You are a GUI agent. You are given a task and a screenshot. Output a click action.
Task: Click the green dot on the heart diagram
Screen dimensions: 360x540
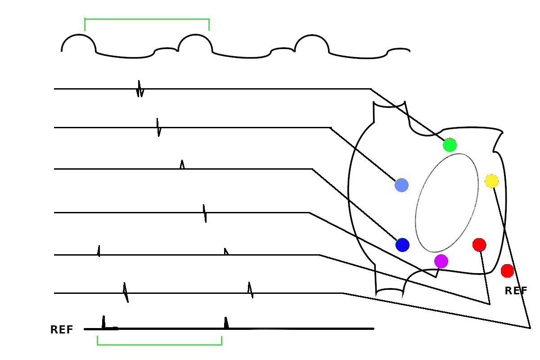pos(450,145)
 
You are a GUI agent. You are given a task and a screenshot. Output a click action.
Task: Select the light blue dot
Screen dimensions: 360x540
pos(401,185)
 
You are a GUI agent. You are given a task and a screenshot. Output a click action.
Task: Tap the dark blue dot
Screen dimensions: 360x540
pos(402,245)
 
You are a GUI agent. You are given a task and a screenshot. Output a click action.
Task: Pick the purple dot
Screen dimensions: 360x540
pos(441,261)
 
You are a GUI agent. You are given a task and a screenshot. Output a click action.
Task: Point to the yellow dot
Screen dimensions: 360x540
pos(491,181)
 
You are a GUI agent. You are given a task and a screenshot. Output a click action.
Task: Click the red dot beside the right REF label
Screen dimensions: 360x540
pos(507,271)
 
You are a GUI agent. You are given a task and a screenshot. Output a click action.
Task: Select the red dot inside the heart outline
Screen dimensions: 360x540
pos(479,245)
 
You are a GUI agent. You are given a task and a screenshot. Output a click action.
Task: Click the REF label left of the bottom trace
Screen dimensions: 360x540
pos(62,330)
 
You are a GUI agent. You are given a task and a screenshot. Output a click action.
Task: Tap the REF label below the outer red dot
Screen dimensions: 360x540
pos(516,291)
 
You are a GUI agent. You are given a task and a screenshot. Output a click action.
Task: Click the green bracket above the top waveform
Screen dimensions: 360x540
pos(147,19)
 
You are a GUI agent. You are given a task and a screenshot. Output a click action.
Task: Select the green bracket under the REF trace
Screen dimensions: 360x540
pos(159,344)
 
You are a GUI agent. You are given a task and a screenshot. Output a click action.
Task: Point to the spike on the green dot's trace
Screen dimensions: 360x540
pos(140,89)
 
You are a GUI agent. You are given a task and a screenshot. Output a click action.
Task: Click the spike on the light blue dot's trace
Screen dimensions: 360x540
pos(158,127)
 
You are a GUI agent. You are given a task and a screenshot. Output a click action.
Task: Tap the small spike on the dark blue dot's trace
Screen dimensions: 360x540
pos(182,165)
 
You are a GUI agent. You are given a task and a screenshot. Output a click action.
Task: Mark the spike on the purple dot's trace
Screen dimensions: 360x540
pos(205,213)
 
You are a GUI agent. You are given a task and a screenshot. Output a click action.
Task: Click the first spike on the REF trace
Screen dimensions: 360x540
pos(103,322)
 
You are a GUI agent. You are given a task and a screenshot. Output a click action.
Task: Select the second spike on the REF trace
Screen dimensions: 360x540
pos(226,323)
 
